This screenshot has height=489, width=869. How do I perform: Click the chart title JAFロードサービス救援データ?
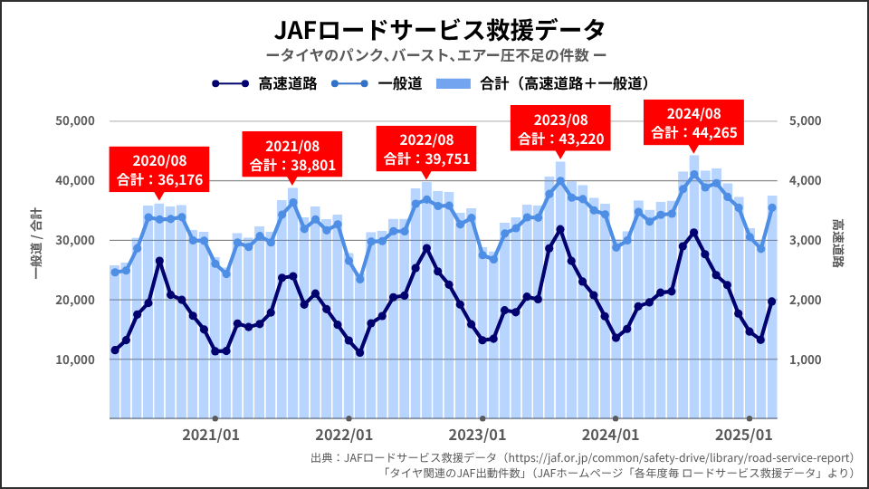[434, 30]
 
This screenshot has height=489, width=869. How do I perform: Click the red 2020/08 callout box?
[159, 169]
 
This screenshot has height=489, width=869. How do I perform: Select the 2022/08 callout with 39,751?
[426, 149]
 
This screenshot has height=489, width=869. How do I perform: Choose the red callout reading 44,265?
[694, 123]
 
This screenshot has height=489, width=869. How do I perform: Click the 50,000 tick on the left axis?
[75, 120]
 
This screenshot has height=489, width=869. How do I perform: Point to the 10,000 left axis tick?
[75, 360]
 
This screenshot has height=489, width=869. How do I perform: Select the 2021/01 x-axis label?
[211, 435]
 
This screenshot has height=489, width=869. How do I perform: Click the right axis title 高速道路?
[838, 244]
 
